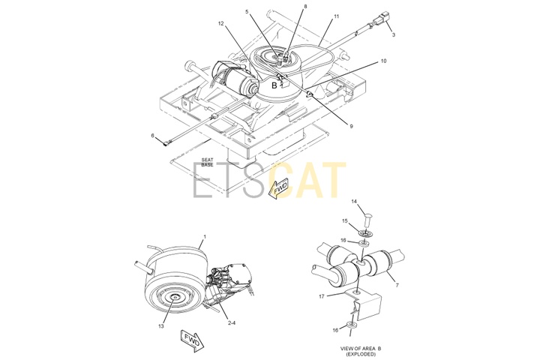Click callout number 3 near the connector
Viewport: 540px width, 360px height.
click(394, 34)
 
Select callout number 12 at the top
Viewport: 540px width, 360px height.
click(220, 24)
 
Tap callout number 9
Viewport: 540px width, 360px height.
click(351, 127)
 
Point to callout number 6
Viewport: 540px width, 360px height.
click(152, 136)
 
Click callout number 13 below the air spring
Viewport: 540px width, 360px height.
click(161, 326)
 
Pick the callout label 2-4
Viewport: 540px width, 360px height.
click(232, 323)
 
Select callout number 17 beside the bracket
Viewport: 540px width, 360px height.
click(322, 296)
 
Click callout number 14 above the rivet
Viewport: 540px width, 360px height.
click(354, 202)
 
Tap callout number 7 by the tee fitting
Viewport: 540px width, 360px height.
click(397, 286)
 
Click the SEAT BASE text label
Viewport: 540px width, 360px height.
click(207, 162)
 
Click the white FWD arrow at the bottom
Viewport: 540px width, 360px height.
click(192, 340)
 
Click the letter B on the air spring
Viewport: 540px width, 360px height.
click(274, 85)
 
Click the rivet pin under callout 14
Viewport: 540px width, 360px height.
click(367, 220)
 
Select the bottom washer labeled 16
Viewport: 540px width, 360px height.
click(351, 325)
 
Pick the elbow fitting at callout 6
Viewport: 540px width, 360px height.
click(166, 143)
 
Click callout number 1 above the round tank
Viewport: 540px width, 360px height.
click(205, 237)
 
